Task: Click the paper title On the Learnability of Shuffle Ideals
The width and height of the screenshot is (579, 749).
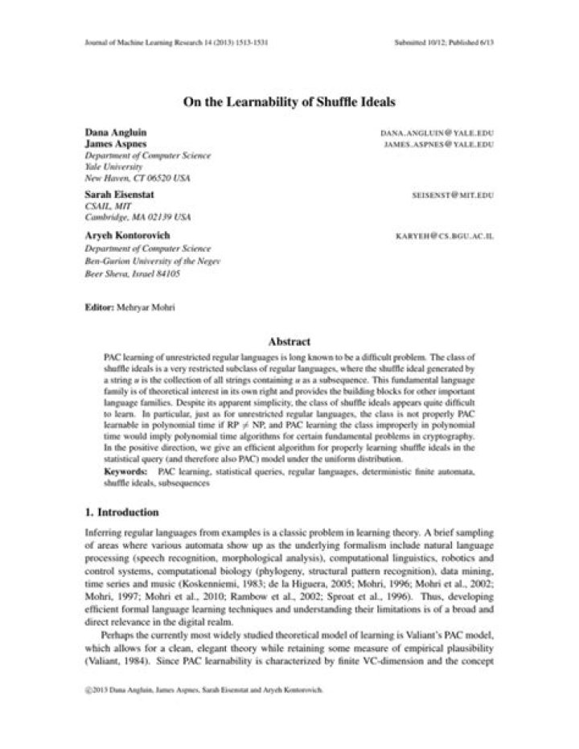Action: pyautogui.click(x=289, y=101)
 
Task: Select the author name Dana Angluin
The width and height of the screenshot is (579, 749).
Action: pyautogui.click(x=116, y=131)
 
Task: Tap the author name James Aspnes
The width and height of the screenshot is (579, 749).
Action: pyautogui.click(x=116, y=143)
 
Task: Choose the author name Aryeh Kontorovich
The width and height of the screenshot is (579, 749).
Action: pyautogui.click(x=128, y=236)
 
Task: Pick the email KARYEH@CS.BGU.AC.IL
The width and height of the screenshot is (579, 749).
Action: pyautogui.click(x=444, y=237)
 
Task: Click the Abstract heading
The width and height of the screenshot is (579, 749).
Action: pyautogui.click(x=289, y=342)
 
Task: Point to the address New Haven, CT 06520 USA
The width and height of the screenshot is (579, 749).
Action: pyautogui.click(x=138, y=177)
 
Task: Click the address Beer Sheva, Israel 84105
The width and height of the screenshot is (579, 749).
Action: pyautogui.click(x=132, y=274)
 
